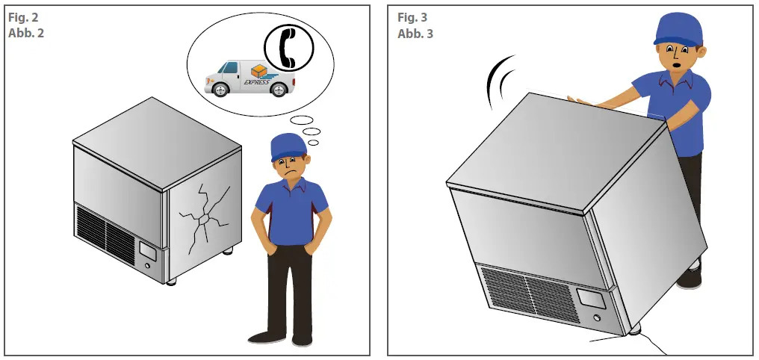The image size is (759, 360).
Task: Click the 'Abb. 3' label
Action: (x=415, y=34)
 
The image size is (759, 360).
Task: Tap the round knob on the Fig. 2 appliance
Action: (x=149, y=267)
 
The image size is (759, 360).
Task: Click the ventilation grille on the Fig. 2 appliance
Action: (x=105, y=233)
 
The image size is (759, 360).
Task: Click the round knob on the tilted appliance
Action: (x=597, y=320)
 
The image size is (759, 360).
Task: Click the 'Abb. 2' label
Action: (x=26, y=34)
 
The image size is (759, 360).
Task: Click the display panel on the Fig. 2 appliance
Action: (x=146, y=251)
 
